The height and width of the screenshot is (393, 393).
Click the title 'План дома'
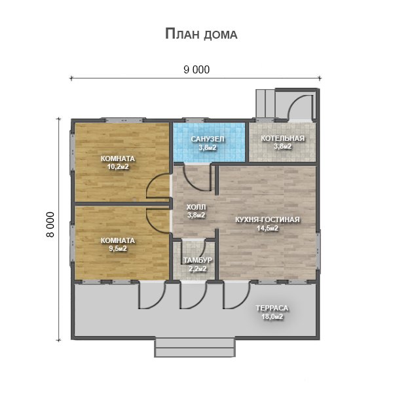tap(201, 34)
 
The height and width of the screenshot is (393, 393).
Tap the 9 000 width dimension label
tap(196, 69)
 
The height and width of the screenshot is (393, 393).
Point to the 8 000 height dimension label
tap(50, 225)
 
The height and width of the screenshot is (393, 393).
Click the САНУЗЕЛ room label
tap(208, 139)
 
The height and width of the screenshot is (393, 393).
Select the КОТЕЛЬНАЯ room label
tap(283, 138)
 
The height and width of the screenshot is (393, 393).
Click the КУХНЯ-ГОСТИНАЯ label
tap(267, 219)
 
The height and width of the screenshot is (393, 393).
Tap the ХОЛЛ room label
tap(196, 207)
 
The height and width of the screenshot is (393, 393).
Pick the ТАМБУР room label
tap(198, 260)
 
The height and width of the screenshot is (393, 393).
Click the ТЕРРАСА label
tap(272, 308)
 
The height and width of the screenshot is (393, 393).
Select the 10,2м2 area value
tap(118, 166)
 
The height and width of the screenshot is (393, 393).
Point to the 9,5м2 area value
tap(118, 249)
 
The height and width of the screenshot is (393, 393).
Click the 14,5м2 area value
tap(267, 229)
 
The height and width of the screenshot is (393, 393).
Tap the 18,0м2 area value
tap(272, 317)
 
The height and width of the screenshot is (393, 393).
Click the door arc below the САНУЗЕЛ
tap(193, 183)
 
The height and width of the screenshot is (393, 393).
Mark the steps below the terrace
tap(195, 347)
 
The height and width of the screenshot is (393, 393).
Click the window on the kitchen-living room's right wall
tap(318, 250)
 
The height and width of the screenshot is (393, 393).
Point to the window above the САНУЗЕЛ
tap(195, 120)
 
